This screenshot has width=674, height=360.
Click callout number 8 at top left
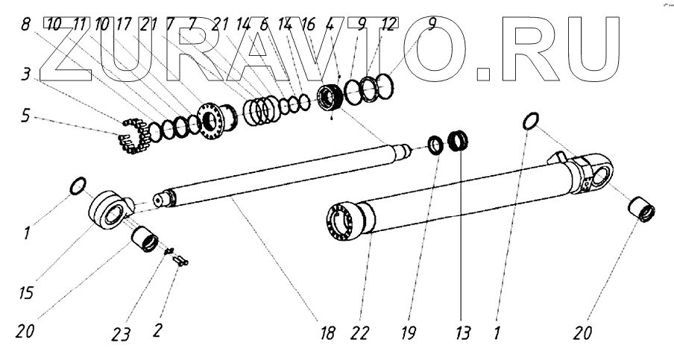tap(28, 25)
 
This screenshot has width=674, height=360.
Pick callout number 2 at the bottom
tap(157, 330)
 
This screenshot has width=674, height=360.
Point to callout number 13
tap(464, 332)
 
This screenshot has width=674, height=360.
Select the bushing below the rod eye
tap(145, 241)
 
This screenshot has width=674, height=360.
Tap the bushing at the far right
tap(642, 210)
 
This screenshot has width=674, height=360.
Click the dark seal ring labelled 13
tap(458, 142)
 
